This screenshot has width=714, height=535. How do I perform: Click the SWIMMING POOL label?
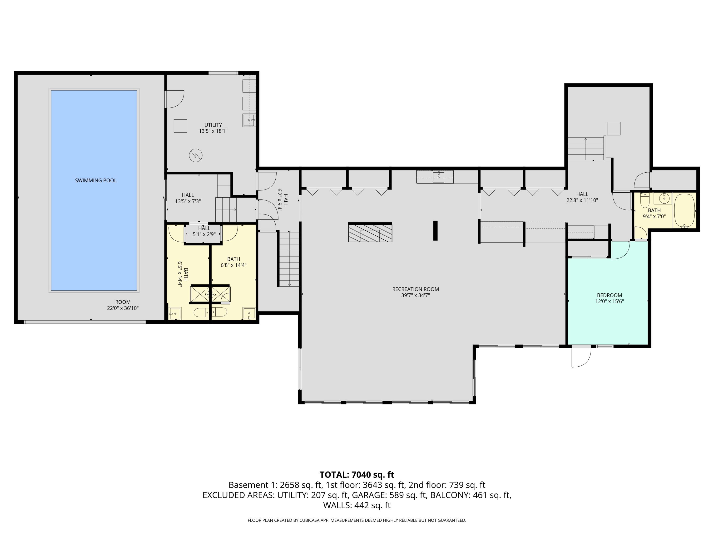pyautogui.click(x=96, y=180)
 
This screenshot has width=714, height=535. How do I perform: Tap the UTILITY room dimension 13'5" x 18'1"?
pyautogui.click(x=213, y=131)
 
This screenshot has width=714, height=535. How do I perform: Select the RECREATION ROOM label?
pyautogui.click(x=415, y=289)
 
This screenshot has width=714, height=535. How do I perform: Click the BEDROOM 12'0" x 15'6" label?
pyautogui.click(x=610, y=298)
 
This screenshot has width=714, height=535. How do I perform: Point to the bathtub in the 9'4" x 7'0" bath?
pyautogui.click(x=684, y=211)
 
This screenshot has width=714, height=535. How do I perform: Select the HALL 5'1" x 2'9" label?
pyautogui.click(x=204, y=231)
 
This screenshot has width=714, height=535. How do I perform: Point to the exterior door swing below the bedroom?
pyautogui.click(x=581, y=357)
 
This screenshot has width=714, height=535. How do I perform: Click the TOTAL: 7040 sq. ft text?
pyautogui.click(x=357, y=475)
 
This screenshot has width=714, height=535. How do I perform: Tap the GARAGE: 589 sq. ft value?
pyautogui.click(x=389, y=495)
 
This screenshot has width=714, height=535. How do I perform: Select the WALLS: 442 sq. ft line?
pyautogui.click(x=357, y=505)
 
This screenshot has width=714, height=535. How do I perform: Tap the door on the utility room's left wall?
pyautogui.click(x=174, y=99)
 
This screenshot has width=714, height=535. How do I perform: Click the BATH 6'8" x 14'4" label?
pyautogui.click(x=233, y=262)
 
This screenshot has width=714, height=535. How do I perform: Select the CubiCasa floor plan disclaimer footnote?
pyautogui.click(x=357, y=520)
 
